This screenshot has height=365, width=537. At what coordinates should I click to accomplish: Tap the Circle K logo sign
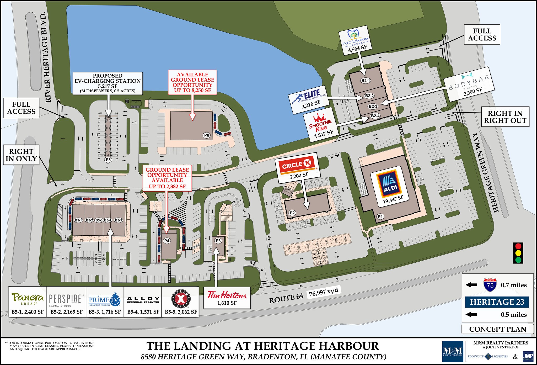[x=297, y=165]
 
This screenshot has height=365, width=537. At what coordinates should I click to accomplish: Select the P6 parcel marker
[x=207, y=135]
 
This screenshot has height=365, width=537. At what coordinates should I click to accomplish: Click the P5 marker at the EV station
[x=108, y=160]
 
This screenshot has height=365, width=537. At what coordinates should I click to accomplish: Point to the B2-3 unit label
[x=373, y=106]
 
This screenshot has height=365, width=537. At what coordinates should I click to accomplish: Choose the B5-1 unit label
[x=78, y=220]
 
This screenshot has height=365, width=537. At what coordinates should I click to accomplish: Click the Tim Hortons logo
[x=227, y=295]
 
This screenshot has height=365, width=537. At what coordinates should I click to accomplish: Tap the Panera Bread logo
[x=28, y=299]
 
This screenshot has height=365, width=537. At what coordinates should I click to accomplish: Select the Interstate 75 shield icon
[x=490, y=285]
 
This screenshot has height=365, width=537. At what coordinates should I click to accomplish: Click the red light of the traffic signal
[x=518, y=246]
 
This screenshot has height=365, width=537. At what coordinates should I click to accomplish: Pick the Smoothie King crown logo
[x=319, y=117]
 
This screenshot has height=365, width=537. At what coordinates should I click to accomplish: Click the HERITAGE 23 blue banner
[x=497, y=302]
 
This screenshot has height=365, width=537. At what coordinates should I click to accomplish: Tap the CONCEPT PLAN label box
[x=497, y=329]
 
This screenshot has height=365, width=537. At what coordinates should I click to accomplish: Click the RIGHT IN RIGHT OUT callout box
[x=505, y=117]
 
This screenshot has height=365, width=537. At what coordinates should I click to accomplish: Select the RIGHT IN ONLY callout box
[x=21, y=155]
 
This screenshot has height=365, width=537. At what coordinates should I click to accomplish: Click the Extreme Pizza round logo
[x=181, y=299]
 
